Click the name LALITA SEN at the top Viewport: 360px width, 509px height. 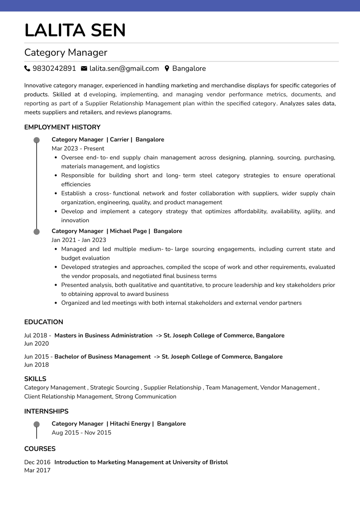click(75, 30)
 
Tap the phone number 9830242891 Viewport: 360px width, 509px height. click(54, 68)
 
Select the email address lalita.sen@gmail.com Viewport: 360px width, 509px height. click(124, 68)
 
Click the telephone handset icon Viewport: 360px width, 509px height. click(27, 68)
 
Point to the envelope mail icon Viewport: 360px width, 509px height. click(84, 68)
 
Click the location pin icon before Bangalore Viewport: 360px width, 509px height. click(167, 68)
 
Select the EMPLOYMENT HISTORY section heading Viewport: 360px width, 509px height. click(62, 127)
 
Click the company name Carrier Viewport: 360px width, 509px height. click(119, 140)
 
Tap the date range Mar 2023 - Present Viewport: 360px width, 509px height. click(78, 149)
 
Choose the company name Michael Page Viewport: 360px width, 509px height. click(128, 231)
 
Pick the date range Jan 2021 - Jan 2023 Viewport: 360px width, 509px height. click(79, 240)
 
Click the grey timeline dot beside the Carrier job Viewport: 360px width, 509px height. click(36, 140)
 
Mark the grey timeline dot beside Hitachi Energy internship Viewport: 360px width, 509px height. click(36, 424)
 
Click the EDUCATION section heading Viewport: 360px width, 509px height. click(44, 322)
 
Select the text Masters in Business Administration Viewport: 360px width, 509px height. click(103, 335)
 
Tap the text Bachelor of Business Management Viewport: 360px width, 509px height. click(102, 356)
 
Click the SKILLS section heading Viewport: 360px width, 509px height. click(35, 379)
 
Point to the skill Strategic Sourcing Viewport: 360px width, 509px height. click(114, 387)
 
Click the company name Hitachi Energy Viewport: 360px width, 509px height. click(130, 424)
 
